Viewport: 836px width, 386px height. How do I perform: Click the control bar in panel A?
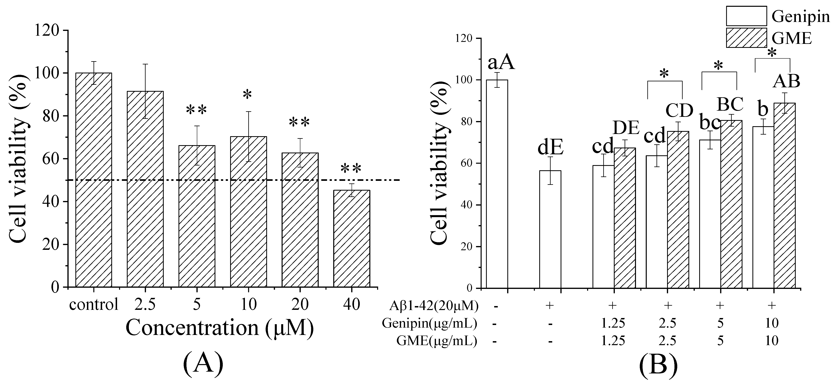click(x=94, y=180)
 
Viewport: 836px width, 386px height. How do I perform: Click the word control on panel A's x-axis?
click(x=94, y=305)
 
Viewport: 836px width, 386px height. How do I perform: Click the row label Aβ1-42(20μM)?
click(x=434, y=306)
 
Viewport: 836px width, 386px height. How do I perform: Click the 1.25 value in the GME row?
click(x=613, y=341)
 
